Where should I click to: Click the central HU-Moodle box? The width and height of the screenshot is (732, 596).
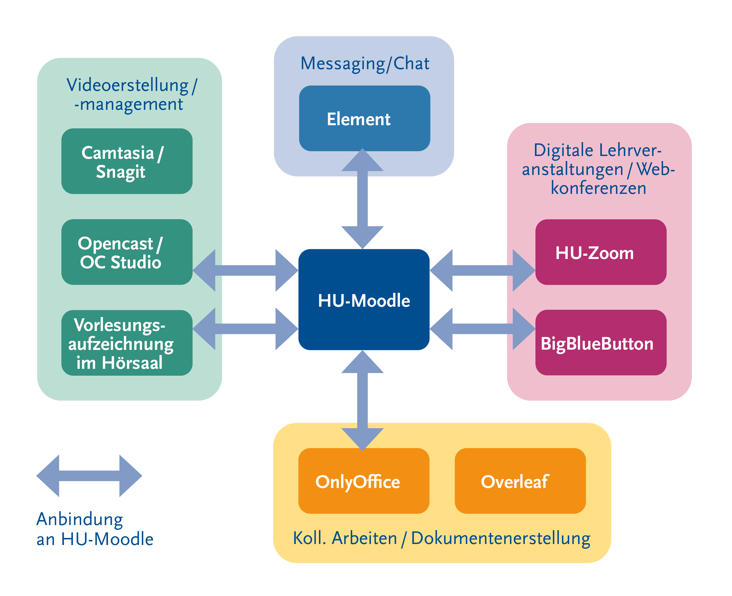364,299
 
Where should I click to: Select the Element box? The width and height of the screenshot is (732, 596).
364,118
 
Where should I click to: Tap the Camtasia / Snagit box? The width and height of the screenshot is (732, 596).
127,161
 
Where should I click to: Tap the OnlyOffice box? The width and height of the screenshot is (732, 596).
364,481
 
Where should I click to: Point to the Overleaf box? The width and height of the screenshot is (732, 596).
520,481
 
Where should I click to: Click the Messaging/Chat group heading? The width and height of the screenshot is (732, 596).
364,64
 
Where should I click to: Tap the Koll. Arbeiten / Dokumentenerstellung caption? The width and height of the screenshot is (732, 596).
441,538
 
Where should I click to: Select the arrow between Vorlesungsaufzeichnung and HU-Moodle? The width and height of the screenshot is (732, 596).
245,329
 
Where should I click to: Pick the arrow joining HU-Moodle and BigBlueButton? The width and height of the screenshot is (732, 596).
482,329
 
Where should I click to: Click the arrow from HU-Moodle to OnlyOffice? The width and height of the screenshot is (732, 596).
362,400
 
